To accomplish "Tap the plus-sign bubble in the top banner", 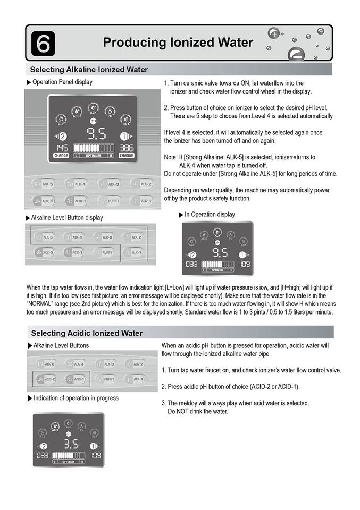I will coord(273,33).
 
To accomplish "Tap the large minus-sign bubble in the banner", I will coord(295,54).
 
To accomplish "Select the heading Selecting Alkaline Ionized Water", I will coord(89,70).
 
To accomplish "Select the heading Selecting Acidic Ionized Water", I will coord(87,333).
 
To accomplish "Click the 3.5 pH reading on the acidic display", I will coord(71,444).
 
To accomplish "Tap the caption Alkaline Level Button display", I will coord(67,218).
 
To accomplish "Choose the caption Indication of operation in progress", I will coord(76,398).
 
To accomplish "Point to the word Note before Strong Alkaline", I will coord(171,157).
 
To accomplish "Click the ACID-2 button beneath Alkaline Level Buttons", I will coord(46,379).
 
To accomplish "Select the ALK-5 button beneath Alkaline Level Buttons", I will coord(46,364).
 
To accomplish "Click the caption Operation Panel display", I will coord(62,82).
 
